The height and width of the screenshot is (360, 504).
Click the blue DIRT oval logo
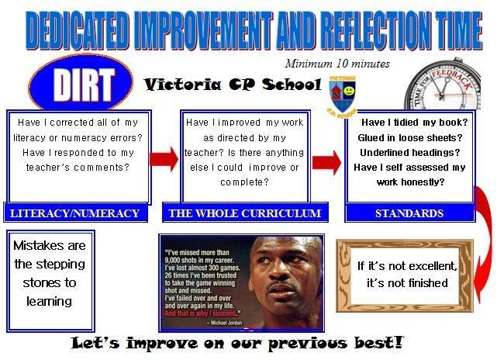pyautogui.click(x=81, y=82)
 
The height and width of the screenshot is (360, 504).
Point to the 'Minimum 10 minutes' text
pyautogui.click(x=337, y=64)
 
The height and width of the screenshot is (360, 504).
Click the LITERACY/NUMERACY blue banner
pyautogui.click(x=75, y=213)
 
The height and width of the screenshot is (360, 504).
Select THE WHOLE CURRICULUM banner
pyautogui.click(x=245, y=213)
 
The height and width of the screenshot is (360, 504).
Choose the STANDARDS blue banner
pyautogui.click(x=410, y=213)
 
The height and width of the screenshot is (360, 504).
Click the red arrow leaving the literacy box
pyautogui.click(x=164, y=159)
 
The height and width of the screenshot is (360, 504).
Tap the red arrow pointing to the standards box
pyautogui.click(x=327, y=162)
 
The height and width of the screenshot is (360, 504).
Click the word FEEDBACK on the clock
pyautogui.click(x=453, y=79)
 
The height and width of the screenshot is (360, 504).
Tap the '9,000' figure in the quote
pyautogui.click(x=173, y=260)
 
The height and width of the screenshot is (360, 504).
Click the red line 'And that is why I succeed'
pyautogui.click(x=203, y=313)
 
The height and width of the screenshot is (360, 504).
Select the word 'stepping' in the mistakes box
pyautogui.click(x=64, y=265)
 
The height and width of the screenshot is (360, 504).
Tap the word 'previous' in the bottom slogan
pyautogui.click(x=308, y=343)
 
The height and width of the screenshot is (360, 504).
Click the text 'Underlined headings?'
pyautogui.click(x=410, y=153)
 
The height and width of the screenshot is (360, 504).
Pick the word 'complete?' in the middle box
pyautogui.click(x=244, y=182)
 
